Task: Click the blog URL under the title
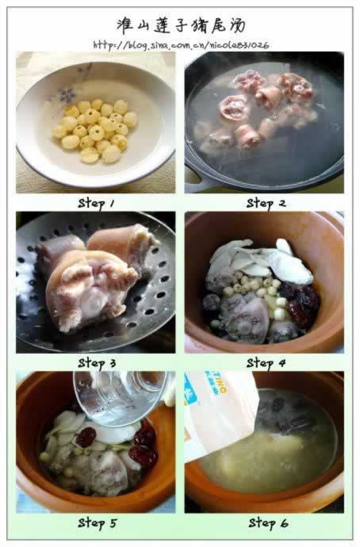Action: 181,45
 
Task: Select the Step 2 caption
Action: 266,204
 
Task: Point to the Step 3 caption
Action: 97,363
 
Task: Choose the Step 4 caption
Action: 266,363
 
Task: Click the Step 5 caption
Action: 97,523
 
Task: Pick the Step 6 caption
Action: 268,523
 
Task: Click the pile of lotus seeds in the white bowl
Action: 94,131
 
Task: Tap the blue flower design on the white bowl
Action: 67,94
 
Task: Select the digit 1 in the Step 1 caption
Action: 112,204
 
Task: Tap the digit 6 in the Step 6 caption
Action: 284,523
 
